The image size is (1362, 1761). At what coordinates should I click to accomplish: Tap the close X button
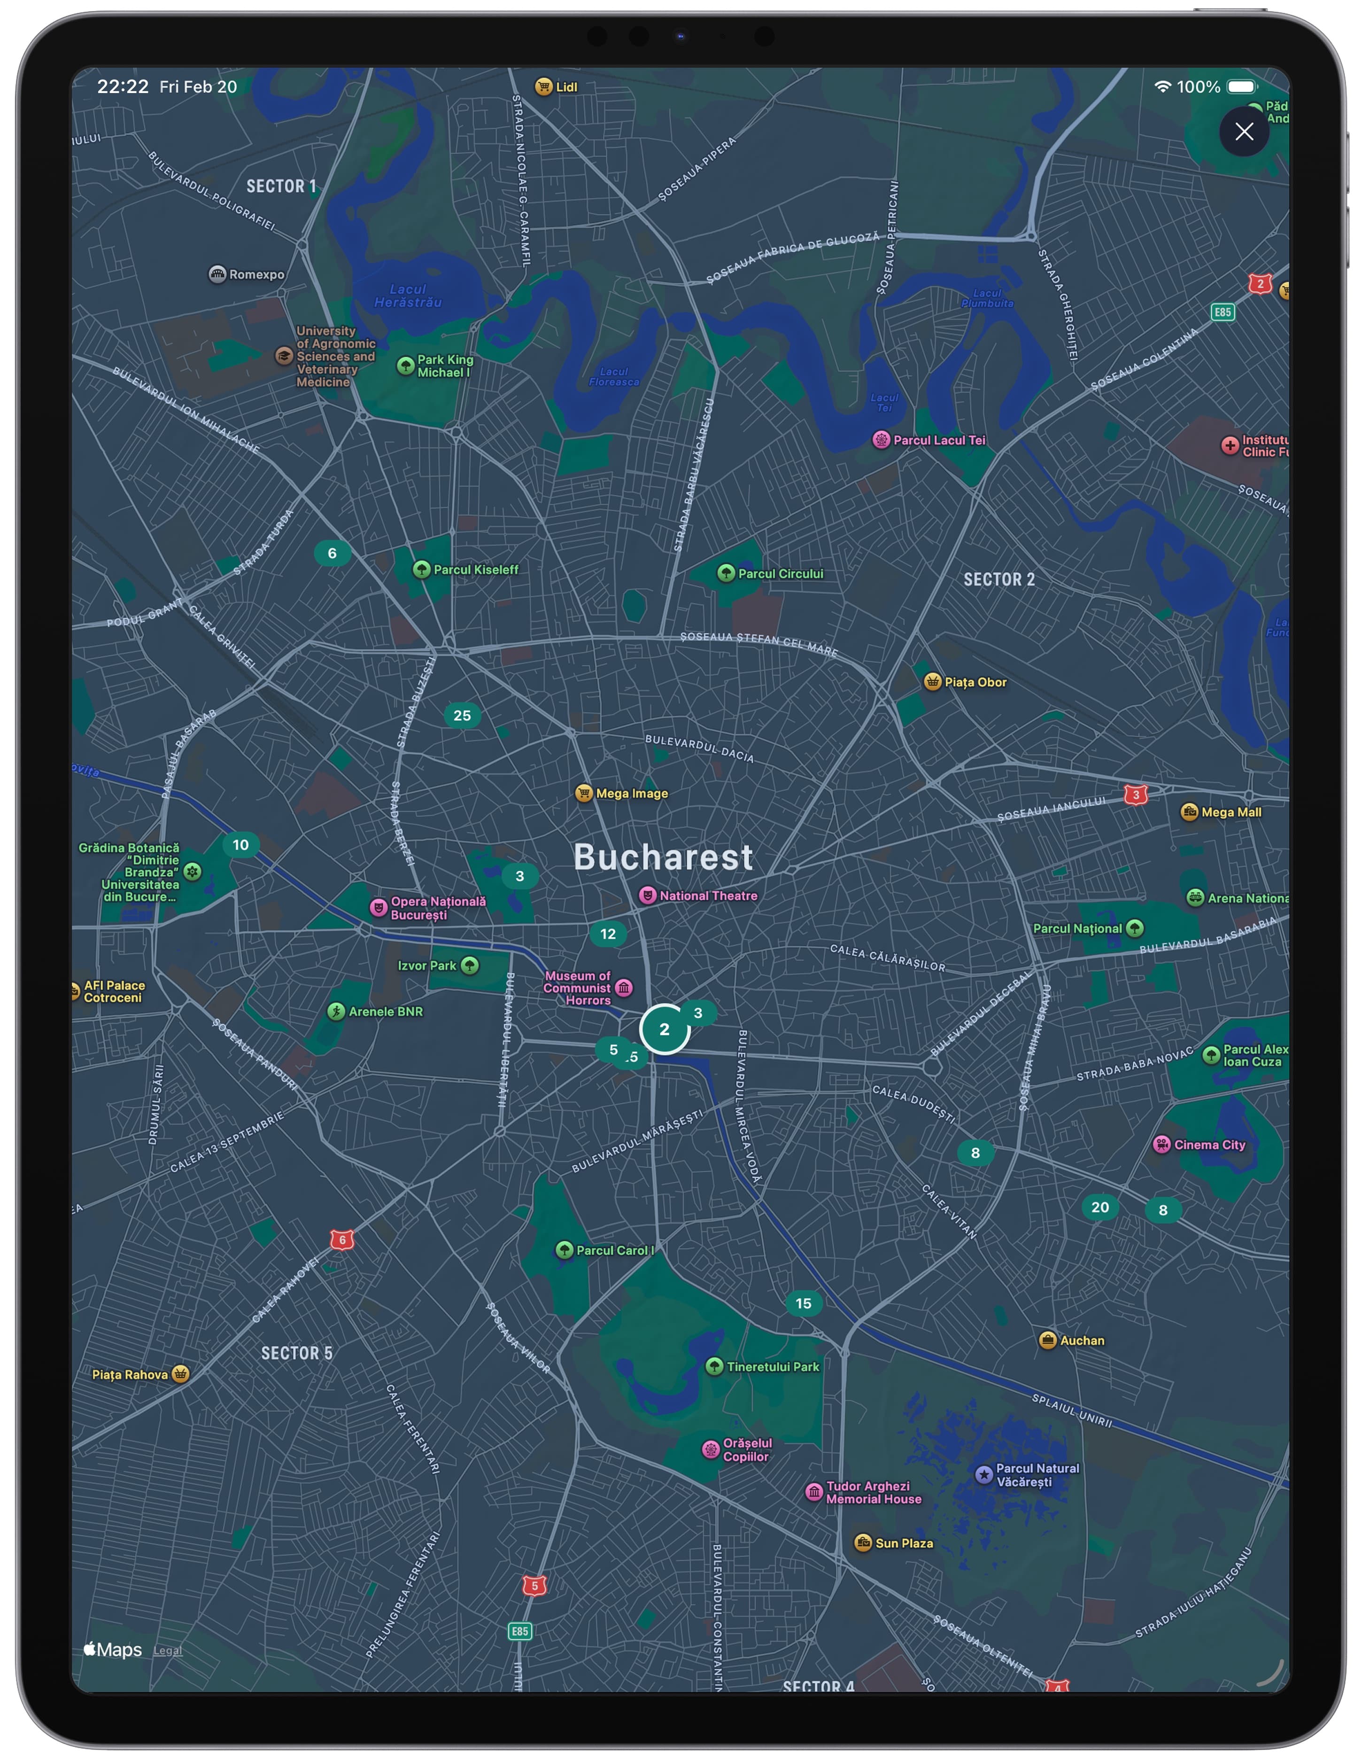(1244, 132)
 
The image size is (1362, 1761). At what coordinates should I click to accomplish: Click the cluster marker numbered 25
(462, 715)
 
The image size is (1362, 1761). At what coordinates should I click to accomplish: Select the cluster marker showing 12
(608, 934)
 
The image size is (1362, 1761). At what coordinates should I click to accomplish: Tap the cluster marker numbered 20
(1100, 1207)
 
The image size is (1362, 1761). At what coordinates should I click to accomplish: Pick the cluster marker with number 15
(804, 1303)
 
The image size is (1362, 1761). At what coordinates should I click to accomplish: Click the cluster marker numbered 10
(240, 845)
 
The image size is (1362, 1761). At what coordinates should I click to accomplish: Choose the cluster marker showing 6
(331, 553)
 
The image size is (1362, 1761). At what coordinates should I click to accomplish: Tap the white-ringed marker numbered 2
(664, 1029)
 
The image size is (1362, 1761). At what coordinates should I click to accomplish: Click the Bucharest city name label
(663, 857)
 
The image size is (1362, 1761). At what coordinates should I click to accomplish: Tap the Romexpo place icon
(217, 274)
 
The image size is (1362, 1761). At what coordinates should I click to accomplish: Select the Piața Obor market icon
(932, 682)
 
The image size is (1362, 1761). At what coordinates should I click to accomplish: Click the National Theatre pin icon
(647, 895)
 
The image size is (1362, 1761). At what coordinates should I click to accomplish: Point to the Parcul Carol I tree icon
(564, 1250)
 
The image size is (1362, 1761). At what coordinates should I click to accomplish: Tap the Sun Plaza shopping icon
(862, 1543)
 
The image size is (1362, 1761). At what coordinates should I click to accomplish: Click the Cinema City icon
(1161, 1144)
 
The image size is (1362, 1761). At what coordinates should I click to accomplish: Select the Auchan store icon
(1047, 1340)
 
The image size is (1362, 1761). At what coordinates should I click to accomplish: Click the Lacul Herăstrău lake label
(408, 295)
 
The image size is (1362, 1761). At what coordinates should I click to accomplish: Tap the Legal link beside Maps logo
(168, 1651)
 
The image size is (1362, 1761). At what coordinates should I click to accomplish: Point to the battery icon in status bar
(1242, 86)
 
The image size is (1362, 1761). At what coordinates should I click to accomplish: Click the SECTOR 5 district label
(296, 1353)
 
